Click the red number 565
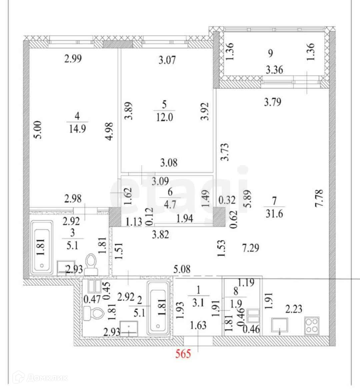click(183, 353)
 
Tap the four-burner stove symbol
click(311, 325)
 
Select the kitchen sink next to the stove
click(279, 326)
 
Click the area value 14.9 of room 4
click(77, 129)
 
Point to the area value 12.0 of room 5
click(164, 117)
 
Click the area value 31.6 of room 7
click(274, 213)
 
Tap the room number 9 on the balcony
click(270, 53)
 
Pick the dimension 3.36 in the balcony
click(274, 70)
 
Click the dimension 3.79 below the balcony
click(272, 102)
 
